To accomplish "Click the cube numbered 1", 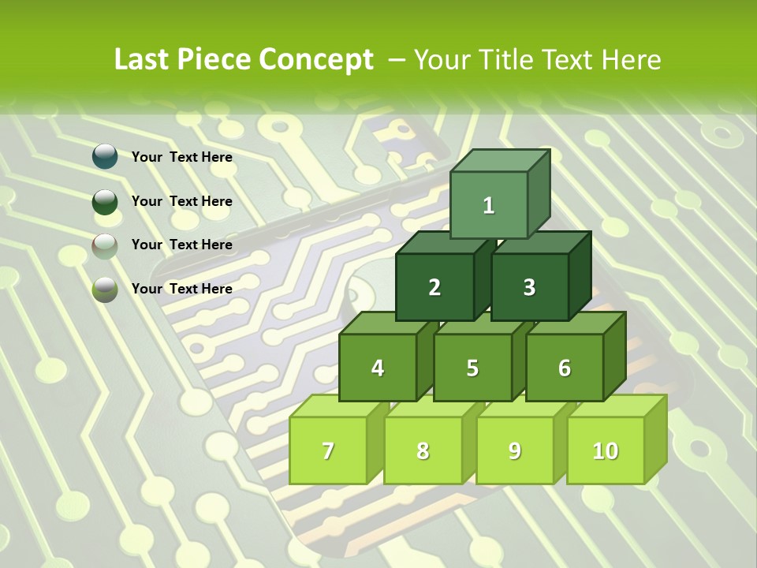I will pyautogui.click(x=489, y=205).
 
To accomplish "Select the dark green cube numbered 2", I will pyautogui.click(x=434, y=287).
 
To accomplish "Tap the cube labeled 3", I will pyautogui.click(x=529, y=287).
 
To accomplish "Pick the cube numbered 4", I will pyautogui.click(x=378, y=368).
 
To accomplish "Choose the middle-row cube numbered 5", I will pyautogui.click(x=472, y=368).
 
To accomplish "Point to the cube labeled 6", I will pyautogui.click(x=565, y=368).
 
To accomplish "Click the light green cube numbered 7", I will pyautogui.click(x=328, y=450).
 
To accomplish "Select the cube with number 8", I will pyautogui.click(x=423, y=450).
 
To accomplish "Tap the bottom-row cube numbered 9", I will pyautogui.click(x=515, y=450).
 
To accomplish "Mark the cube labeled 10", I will pyautogui.click(x=606, y=450).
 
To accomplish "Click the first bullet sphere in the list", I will pyautogui.click(x=105, y=157).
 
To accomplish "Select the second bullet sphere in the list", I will pyautogui.click(x=105, y=201).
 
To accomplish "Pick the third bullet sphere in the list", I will pyautogui.click(x=105, y=245).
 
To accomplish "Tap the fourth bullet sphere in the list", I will pyautogui.click(x=105, y=290).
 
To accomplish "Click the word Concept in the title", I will pyautogui.click(x=316, y=60).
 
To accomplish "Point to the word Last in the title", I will pyautogui.click(x=142, y=60).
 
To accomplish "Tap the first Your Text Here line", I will pyautogui.click(x=181, y=157).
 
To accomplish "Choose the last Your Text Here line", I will pyautogui.click(x=181, y=289).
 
